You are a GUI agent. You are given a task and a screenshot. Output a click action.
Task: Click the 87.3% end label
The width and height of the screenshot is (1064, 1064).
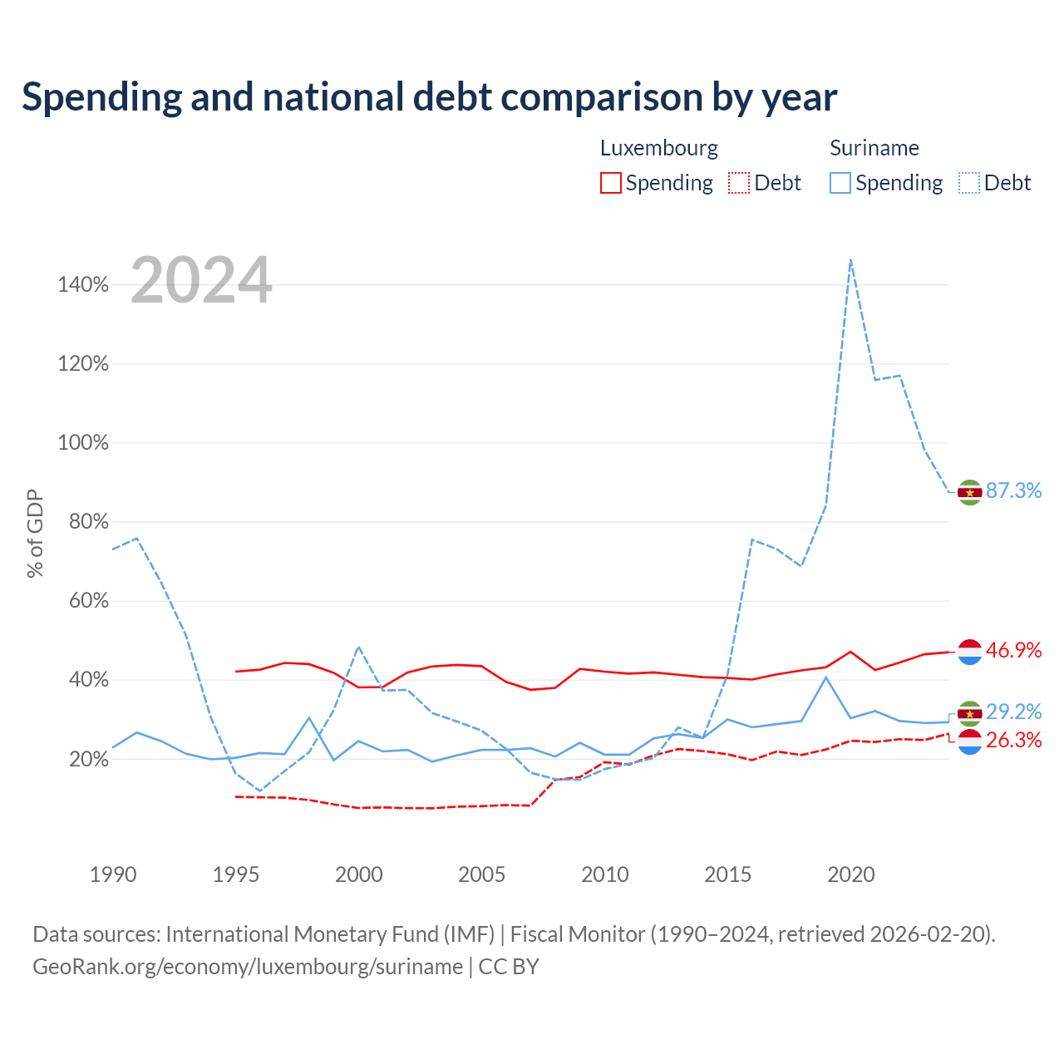tap(1013, 490)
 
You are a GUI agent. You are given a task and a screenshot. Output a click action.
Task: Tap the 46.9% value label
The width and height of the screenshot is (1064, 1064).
tap(1013, 650)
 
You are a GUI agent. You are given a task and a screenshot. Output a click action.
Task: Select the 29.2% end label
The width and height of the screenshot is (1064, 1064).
tap(1013, 712)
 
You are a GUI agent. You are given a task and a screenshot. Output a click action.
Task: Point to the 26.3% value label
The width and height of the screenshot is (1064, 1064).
tap(1013, 740)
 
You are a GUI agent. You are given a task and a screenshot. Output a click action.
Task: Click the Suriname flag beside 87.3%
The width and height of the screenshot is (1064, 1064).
tap(969, 493)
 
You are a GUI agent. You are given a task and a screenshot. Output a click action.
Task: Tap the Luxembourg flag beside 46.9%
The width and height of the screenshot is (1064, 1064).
tap(969, 652)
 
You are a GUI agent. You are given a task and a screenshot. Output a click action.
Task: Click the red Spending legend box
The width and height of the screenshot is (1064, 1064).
tap(611, 183)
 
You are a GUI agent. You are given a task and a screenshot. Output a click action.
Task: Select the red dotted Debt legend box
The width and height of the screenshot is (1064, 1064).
tap(739, 183)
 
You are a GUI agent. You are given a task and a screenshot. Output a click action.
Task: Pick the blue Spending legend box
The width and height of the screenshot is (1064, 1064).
tap(840, 183)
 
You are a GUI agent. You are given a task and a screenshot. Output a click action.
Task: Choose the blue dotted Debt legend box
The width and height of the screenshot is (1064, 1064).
tap(969, 183)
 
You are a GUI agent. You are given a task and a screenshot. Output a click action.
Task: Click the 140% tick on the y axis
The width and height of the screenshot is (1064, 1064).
tap(83, 285)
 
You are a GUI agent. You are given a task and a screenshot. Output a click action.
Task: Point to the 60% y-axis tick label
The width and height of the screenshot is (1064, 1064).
tap(89, 601)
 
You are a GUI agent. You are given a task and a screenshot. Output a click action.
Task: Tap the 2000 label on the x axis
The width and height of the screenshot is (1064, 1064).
tap(359, 874)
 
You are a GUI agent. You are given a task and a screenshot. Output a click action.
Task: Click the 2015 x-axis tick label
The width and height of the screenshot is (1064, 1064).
tap(727, 874)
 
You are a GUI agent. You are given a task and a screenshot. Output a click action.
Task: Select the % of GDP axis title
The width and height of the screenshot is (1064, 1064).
tap(35, 534)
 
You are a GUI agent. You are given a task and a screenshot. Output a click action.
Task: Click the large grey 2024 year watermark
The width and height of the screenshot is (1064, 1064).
tap(201, 279)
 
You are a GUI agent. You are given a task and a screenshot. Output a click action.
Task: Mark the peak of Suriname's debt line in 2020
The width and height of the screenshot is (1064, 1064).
tap(851, 259)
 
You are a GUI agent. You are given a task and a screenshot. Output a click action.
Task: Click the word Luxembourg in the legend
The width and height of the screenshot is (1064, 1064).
tap(658, 148)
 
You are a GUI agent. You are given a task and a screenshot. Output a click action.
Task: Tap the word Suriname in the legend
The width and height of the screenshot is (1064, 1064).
tap(874, 148)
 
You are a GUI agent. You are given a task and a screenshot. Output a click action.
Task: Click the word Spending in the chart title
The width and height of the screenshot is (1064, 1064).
tap(102, 98)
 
